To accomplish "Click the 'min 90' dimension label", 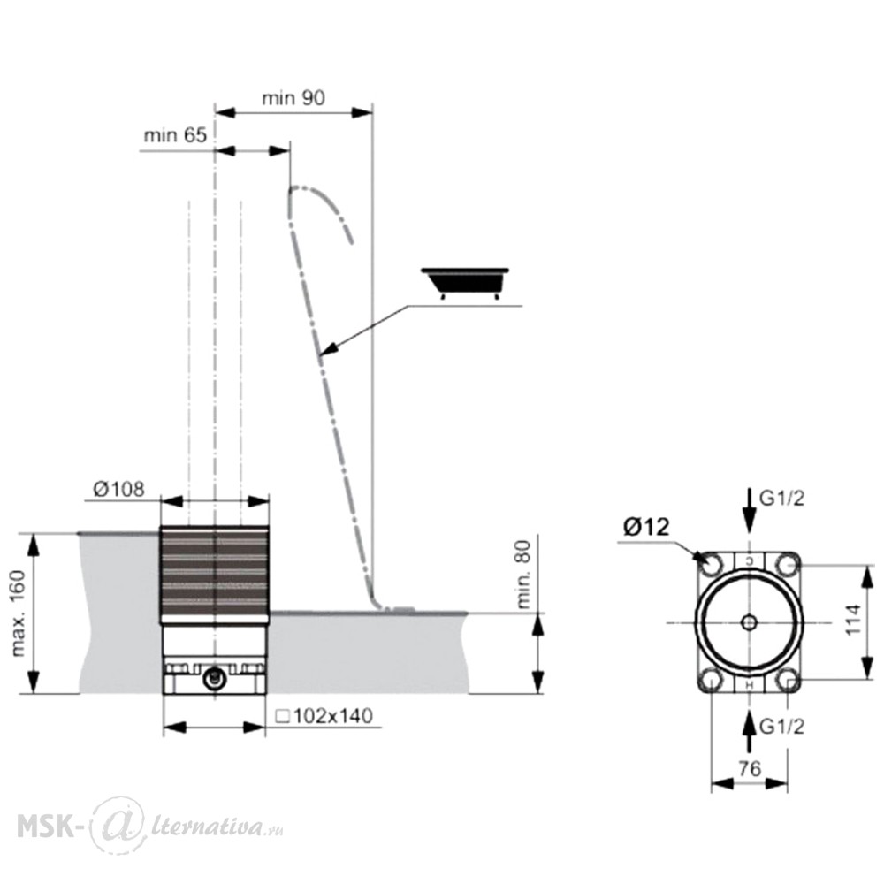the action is click(293, 98).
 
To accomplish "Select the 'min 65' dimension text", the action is click(175, 135).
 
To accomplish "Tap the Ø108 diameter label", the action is click(118, 489).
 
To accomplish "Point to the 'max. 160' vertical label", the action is click(19, 613).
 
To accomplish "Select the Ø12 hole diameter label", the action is click(647, 527).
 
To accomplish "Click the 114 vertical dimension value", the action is click(853, 620).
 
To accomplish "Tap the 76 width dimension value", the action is click(750, 768).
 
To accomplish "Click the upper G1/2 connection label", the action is click(782, 499).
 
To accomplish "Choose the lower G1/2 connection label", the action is click(782, 727).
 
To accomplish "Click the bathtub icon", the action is click(465, 283).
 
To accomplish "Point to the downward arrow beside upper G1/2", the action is click(749, 510).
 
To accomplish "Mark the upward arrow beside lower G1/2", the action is click(749, 732).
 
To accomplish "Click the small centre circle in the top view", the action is click(750, 622).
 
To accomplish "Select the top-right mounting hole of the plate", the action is click(787, 564).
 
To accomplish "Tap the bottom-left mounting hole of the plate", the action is click(712, 680).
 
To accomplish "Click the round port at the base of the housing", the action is click(213, 678).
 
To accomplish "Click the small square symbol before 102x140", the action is click(283, 717).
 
